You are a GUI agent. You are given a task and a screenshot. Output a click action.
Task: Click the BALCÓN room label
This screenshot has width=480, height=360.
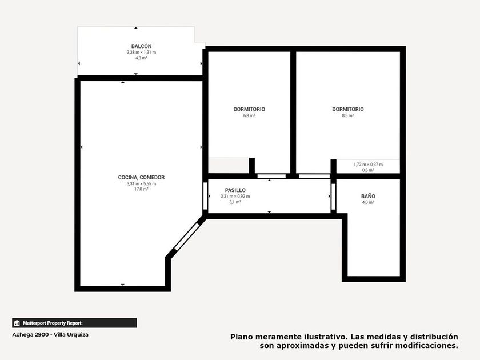(142, 46)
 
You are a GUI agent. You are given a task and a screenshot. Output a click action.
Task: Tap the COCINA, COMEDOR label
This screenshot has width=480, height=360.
(142, 177)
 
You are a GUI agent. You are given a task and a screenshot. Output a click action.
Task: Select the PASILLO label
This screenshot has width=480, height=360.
(235, 190)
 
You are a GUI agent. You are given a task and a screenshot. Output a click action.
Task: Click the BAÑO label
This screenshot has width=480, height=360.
(368, 196)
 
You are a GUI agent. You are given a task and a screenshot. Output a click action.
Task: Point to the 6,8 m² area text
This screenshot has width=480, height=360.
(249, 115)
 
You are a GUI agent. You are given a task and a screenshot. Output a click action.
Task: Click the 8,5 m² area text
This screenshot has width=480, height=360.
(348, 115)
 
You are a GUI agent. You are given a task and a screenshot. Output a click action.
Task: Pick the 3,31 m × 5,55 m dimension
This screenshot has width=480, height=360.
(142, 183)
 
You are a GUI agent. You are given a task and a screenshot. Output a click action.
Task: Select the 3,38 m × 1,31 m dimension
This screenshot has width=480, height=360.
(142, 53)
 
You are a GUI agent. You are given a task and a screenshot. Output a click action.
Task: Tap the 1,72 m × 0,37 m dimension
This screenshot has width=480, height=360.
(368, 165)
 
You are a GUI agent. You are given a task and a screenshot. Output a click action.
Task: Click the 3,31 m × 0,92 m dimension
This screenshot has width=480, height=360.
(235, 196)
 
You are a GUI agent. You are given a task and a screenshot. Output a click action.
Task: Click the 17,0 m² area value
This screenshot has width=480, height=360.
(142, 189)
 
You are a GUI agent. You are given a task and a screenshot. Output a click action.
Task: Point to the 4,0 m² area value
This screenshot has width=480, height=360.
(368, 202)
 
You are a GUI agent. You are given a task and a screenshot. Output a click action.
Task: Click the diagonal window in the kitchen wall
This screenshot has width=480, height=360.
(186, 237)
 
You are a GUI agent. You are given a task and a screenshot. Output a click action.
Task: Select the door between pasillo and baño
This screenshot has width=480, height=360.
(333, 197)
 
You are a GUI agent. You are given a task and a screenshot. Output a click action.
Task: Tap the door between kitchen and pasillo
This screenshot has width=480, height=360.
(205, 196)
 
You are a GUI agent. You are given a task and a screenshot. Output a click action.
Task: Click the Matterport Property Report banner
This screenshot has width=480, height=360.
(74, 323)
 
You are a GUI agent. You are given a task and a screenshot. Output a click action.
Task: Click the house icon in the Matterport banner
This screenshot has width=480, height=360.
(17, 323)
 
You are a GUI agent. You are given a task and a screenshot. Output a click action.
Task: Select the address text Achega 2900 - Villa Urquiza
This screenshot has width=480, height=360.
(50, 335)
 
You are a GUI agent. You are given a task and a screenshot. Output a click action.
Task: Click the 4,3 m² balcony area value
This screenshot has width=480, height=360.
(142, 58)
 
